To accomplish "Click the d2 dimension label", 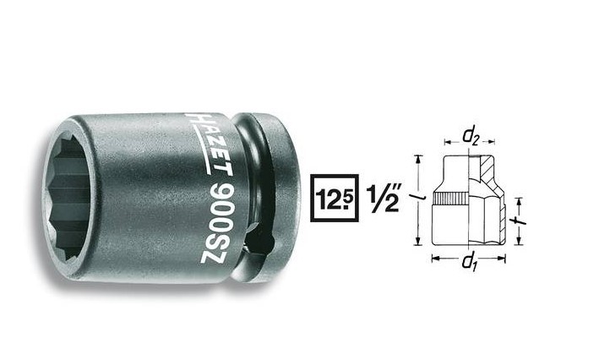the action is [470, 136].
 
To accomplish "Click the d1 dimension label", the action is [470, 262].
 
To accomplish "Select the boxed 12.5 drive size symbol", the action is [334, 199].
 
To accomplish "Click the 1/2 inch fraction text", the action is [384, 199].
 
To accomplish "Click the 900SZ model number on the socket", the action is [217, 223].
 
